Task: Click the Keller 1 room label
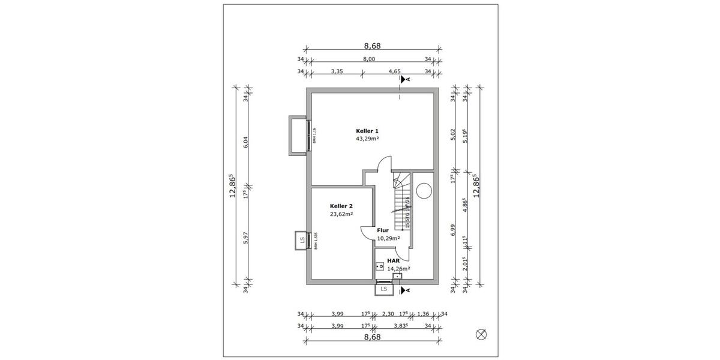click(367, 130)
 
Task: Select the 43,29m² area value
click(367, 138)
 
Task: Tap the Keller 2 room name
click(341, 205)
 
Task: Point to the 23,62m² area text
click(341, 213)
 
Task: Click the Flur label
click(383, 230)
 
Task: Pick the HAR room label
click(394, 261)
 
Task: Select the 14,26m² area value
click(398, 269)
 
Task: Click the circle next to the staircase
click(424, 190)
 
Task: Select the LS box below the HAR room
click(383, 290)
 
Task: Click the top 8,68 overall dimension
click(372, 46)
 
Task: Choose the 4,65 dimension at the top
click(394, 71)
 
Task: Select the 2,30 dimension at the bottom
click(388, 314)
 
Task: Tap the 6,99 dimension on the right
click(453, 230)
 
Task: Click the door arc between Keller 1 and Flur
click(384, 163)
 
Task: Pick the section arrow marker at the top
click(406, 79)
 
